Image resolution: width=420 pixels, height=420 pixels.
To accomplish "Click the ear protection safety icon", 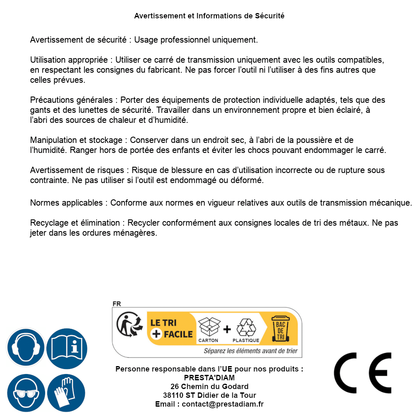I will click(26, 348).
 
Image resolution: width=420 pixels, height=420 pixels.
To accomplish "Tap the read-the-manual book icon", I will click(67, 348).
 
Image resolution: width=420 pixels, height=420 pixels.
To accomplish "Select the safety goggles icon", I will click(26, 393).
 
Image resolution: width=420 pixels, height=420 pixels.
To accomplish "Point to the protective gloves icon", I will click(67, 393).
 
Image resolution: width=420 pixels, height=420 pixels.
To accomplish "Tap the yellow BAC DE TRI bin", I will click(280, 328).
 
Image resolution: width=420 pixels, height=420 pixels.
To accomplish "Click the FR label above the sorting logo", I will click(117, 304).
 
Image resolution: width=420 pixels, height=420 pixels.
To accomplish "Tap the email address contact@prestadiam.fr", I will click(223, 404).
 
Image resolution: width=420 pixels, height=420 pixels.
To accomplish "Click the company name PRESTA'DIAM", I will click(209, 378).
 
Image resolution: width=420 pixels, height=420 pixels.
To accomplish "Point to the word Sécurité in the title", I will click(270, 16).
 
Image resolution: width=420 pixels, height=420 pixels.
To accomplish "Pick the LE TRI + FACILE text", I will click(171, 328).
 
